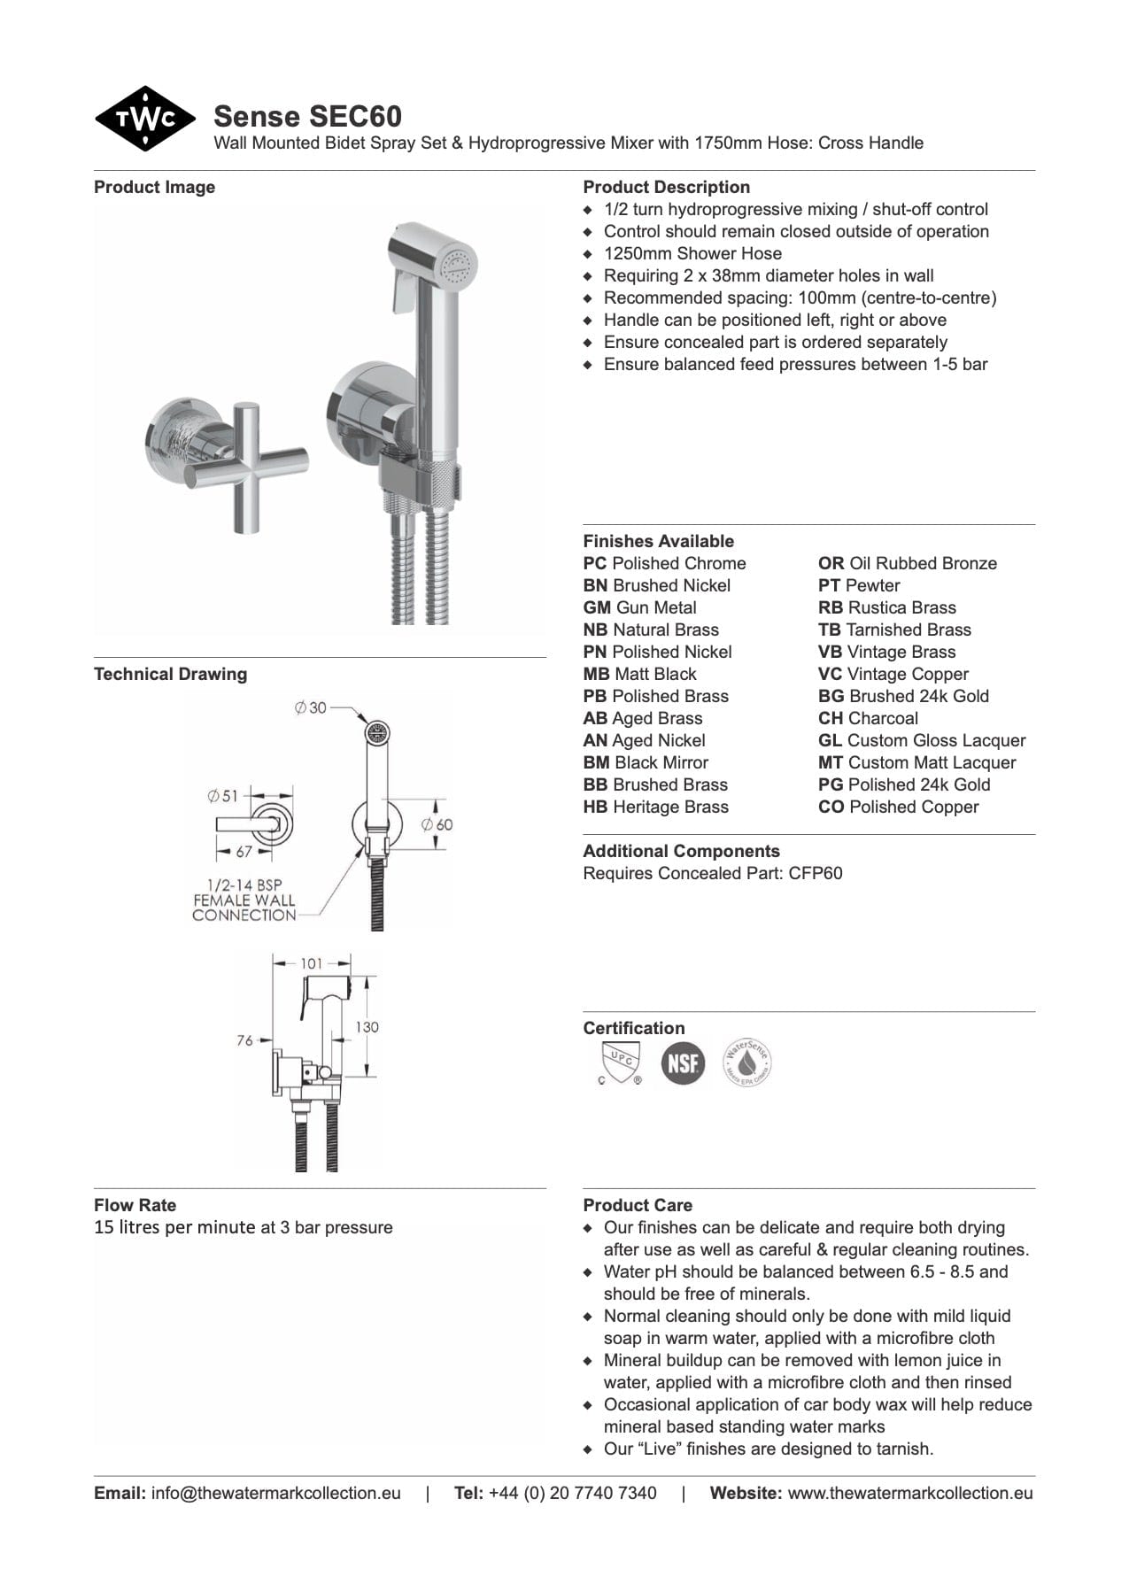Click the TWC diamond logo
(145, 119)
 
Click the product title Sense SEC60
(307, 116)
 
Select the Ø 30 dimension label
(311, 707)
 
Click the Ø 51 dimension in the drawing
(223, 796)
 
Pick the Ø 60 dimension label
(437, 824)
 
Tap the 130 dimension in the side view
(367, 1027)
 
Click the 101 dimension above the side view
(312, 963)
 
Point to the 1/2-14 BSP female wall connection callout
(244, 900)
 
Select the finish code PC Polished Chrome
(664, 563)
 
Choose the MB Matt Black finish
(639, 674)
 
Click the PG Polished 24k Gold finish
(904, 784)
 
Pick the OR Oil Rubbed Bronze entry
(907, 563)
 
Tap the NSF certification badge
(683, 1062)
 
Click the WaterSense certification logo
(747, 1062)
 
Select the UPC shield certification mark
(619, 1062)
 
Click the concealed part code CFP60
(816, 873)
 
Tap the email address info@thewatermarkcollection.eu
(275, 1493)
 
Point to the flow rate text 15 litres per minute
(243, 1227)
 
